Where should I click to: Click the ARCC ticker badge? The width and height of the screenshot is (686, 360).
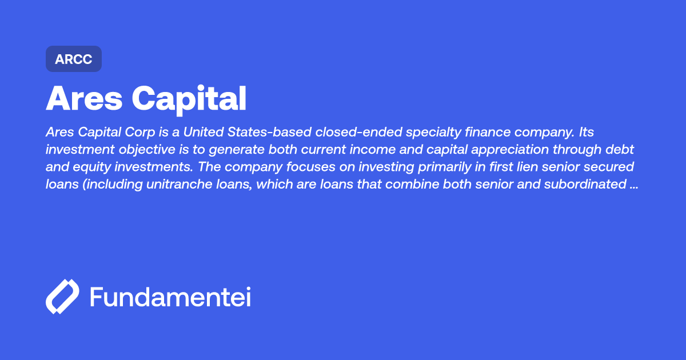click(74, 59)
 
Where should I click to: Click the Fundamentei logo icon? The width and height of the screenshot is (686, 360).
click(62, 297)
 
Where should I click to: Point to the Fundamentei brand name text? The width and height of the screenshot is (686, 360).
click(170, 297)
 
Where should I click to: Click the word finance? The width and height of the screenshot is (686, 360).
click(496, 133)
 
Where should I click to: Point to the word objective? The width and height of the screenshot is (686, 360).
click(131, 150)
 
